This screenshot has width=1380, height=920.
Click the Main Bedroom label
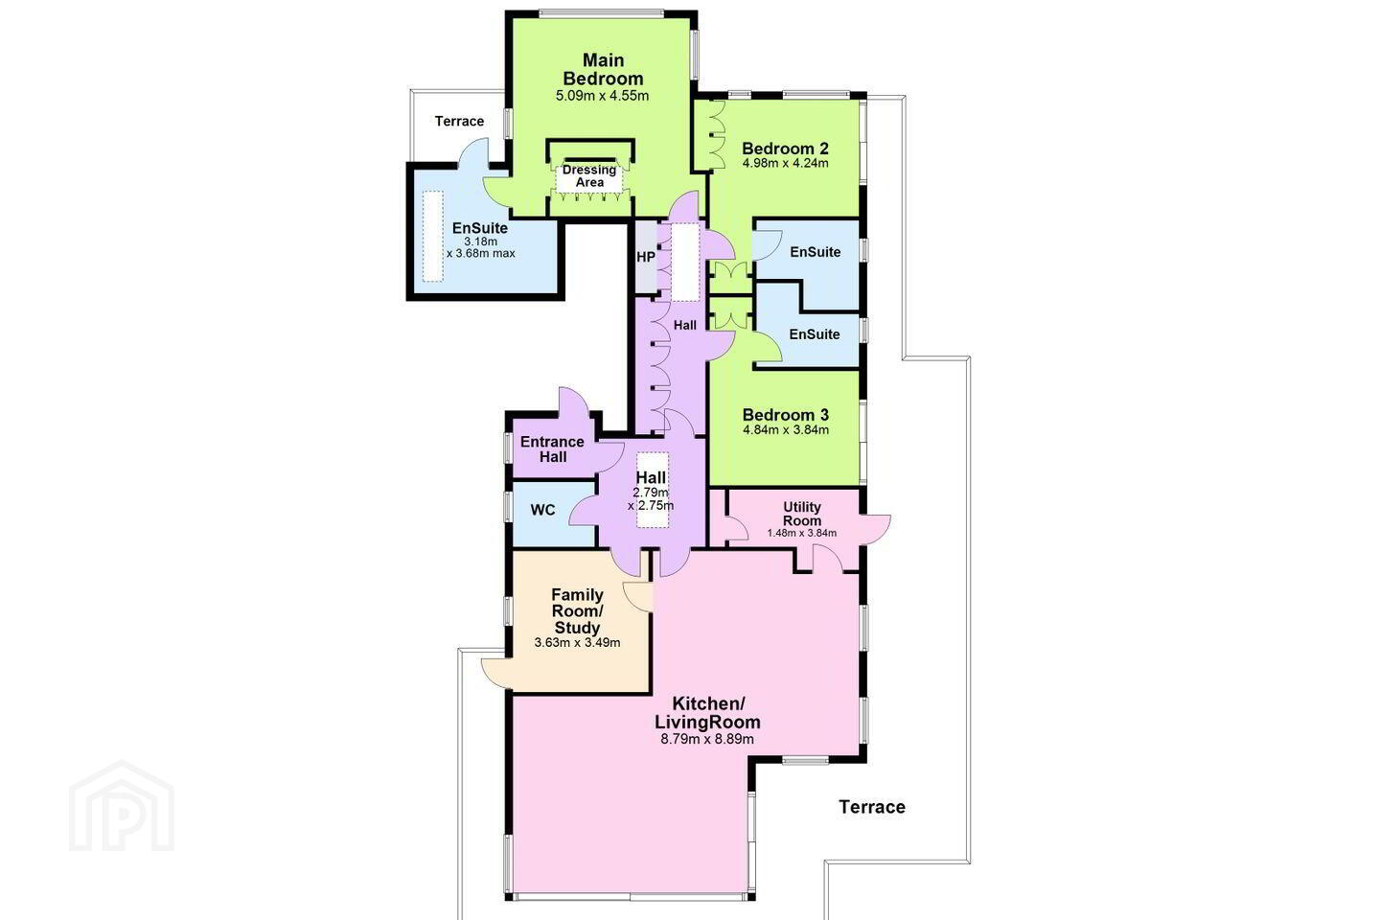click(603, 70)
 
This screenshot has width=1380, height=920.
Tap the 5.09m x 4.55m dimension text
click(602, 96)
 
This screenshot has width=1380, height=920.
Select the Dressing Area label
click(589, 176)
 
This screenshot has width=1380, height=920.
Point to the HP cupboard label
click(646, 257)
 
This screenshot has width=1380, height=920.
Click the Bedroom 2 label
click(785, 149)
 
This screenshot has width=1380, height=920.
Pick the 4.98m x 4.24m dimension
click(785, 163)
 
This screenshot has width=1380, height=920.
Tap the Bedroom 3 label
click(786, 415)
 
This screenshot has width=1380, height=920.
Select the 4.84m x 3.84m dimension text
click(786, 430)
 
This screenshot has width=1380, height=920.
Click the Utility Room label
click(802, 514)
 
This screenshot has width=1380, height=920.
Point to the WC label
click(542, 510)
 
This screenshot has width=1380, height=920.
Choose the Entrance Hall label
click(553, 449)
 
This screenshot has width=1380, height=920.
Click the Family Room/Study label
click(577, 611)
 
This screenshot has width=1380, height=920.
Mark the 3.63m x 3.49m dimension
click(577, 643)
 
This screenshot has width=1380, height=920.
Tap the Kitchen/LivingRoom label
click(708, 712)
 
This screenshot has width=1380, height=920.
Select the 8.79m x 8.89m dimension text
click(707, 739)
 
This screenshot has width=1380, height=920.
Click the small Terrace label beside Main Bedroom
click(459, 122)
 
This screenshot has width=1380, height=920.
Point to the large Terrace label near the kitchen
click(872, 807)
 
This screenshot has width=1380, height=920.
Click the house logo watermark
click(122, 807)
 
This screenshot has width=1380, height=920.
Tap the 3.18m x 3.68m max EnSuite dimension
click(480, 247)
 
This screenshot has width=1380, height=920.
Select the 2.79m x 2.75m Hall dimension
click(651, 499)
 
